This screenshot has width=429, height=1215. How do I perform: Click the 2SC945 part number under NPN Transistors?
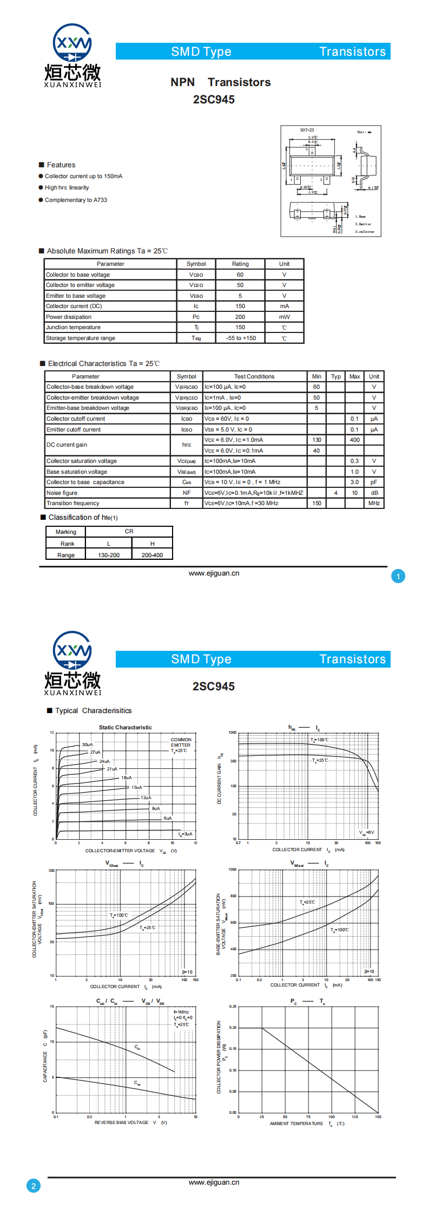[x=214, y=100]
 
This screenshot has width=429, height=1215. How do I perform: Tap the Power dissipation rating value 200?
[x=240, y=317]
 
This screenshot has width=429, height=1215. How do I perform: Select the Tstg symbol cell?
[x=196, y=338]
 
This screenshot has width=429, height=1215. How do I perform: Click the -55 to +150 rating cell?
[x=240, y=338]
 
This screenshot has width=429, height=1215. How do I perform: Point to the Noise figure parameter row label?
[x=62, y=493]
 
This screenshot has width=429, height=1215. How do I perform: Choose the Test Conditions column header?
[x=254, y=376]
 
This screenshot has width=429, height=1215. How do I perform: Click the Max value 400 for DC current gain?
[x=354, y=440]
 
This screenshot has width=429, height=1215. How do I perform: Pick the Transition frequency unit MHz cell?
[x=374, y=503]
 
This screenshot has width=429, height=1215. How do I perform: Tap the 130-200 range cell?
[x=109, y=555]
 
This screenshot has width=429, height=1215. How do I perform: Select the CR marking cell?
[x=129, y=531]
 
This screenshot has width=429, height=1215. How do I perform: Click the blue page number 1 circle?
[x=398, y=577]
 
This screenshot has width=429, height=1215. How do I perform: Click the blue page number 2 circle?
[x=34, y=1186]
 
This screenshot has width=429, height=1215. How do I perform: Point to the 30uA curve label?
[x=87, y=744]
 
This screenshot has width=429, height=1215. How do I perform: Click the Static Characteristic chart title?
[x=125, y=727]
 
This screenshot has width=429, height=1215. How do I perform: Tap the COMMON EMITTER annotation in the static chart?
[x=181, y=742]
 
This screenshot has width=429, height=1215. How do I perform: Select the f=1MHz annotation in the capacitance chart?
[x=181, y=1011]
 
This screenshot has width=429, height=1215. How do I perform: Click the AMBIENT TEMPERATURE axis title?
[x=296, y=1123]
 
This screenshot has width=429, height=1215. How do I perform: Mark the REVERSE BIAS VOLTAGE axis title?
[x=121, y=1122]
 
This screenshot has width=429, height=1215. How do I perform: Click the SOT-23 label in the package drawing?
[x=307, y=130]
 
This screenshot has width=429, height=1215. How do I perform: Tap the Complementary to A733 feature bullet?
[x=76, y=200]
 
